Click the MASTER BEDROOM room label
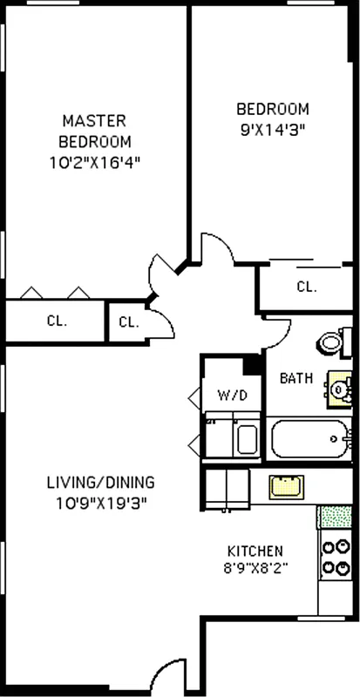pos(94,130)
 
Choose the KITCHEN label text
pos(255,551)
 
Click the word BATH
pos(296,378)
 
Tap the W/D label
pos(232,396)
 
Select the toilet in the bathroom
pos(330,342)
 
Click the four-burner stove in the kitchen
pos(333,558)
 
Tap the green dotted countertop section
pos(334,516)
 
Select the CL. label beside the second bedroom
pos(306,287)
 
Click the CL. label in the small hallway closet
pos(128,322)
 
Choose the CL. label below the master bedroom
pos(56,320)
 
